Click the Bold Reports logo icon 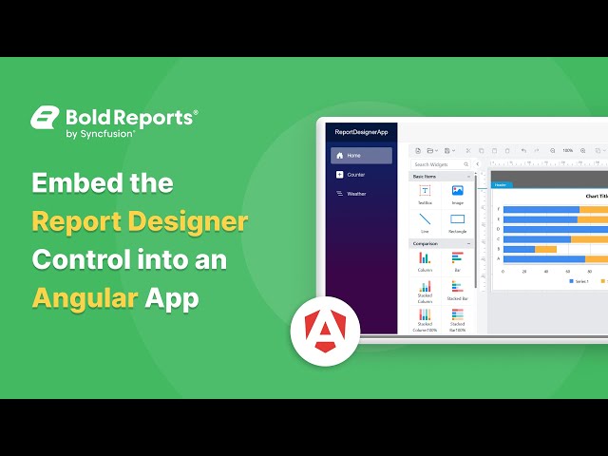(45, 118)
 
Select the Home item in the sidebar (361, 155)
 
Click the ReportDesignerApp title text (360, 132)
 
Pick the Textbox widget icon (425, 191)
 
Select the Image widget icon (457, 191)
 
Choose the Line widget (425, 219)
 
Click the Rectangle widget (457, 219)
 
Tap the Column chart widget (425, 258)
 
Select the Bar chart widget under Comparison (457, 258)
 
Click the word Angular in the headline (84, 297)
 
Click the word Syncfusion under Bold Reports (106, 134)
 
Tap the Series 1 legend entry (578, 281)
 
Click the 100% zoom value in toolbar (567, 150)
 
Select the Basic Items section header (426, 177)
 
